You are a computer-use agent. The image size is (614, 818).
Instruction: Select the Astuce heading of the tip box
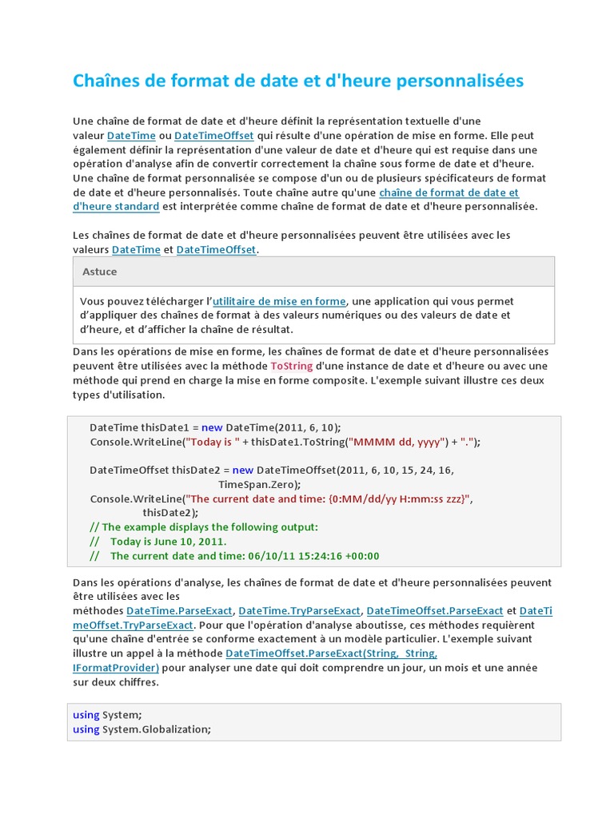point(99,272)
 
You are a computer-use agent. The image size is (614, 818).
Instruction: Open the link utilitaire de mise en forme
point(279,301)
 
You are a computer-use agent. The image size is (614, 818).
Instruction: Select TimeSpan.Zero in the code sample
point(259,484)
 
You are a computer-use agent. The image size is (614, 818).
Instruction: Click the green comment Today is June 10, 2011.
point(163,542)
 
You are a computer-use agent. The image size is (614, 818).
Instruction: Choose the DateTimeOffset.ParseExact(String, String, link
point(332,653)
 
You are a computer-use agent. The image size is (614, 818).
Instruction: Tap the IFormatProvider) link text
point(116,668)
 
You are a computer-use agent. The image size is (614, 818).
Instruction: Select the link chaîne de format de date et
point(449,193)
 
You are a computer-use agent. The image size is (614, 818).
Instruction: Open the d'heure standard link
point(116,207)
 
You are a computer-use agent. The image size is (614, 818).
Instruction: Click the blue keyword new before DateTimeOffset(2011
point(243,470)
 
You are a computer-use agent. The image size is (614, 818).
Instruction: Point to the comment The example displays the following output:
point(204,527)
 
